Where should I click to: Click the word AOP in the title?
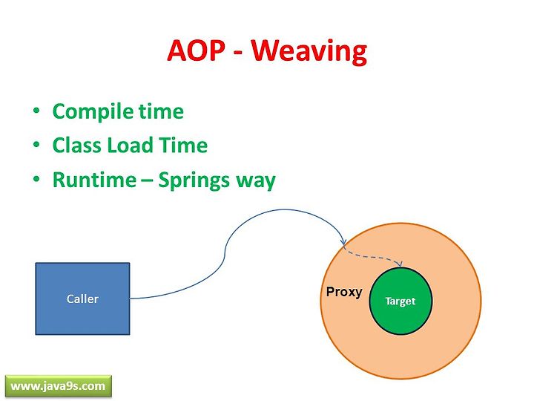(x=196, y=50)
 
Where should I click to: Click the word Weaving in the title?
(x=309, y=51)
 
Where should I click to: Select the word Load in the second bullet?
(x=130, y=146)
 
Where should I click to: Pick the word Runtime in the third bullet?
(x=95, y=180)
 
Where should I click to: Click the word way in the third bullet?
(x=251, y=183)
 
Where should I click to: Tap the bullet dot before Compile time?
(x=36, y=111)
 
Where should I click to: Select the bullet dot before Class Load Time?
(x=36, y=144)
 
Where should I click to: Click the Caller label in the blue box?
(x=82, y=299)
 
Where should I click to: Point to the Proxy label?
(x=344, y=293)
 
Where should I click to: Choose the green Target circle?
(x=400, y=301)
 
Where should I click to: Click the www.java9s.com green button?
(x=59, y=386)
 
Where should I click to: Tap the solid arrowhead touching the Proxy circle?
(x=343, y=242)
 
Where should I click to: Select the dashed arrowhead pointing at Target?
(x=400, y=264)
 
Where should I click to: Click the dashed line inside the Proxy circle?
(x=372, y=256)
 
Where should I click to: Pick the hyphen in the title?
(x=239, y=53)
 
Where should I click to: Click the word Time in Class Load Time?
(x=183, y=146)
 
